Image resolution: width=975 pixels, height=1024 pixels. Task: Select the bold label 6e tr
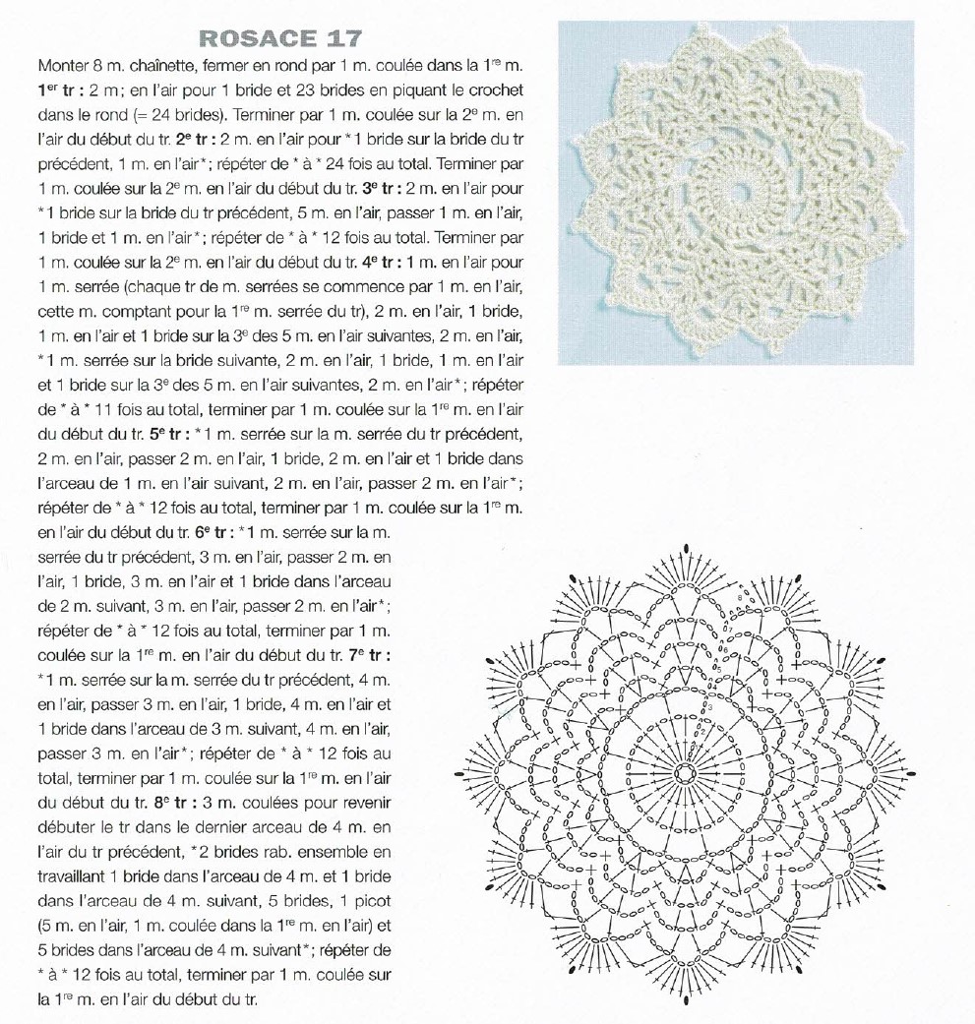click(x=215, y=532)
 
